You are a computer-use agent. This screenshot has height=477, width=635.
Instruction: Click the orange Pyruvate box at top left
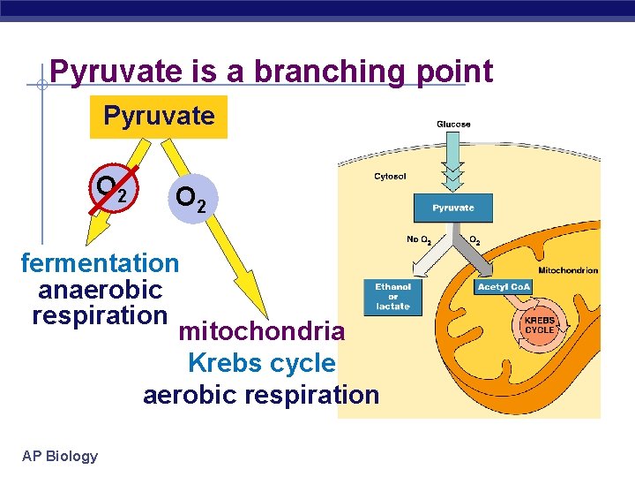pyautogui.click(x=159, y=117)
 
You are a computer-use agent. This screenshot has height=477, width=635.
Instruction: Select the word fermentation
pyautogui.click(x=100, y=263)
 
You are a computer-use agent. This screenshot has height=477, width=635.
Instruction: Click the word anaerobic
pyautogui.click(x=100, y=290)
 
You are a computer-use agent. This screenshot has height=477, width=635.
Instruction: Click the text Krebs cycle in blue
pyautogui.click(x=261, y=363)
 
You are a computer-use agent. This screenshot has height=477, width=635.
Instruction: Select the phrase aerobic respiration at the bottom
pyautogui.click(x=261, y=395)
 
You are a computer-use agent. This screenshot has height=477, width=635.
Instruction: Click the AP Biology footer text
pyautogui.click(x=60, y=456)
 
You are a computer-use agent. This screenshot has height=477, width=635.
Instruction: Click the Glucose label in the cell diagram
pyautogui.click(x=453, y=125)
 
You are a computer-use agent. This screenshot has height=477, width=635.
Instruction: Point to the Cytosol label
pyautogui.click(x=390, y=177)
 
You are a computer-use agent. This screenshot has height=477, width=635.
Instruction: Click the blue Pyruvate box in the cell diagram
pyautogui.click(x=452, y=208)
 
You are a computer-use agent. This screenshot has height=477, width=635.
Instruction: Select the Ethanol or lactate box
pyautogui.click(x=392, y=297)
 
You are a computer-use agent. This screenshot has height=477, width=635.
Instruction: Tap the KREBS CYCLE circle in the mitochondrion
pyautogui.click(x=539, y=325)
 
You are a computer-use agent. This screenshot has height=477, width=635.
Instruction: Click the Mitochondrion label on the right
pyautogui.click(x=568, y=270)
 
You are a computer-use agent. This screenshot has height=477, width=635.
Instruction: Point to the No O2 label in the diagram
pyautogui.click(x=418, y=240)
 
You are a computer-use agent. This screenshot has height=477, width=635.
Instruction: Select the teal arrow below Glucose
pyautogui.click(x=452, y=163)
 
